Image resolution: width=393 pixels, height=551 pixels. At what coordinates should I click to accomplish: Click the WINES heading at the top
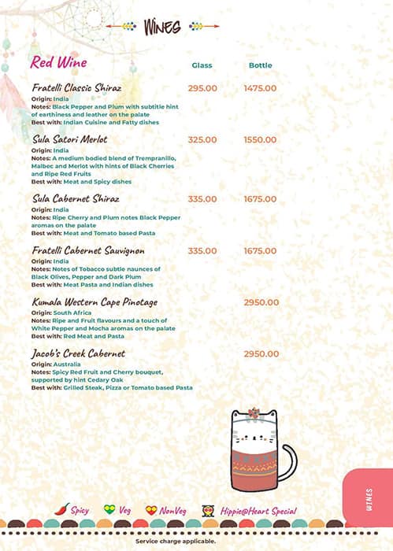pos(161,27)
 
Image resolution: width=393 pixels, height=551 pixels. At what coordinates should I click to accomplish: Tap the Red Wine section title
pos(58,62)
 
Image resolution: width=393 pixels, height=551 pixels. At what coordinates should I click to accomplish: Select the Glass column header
pos(202,65)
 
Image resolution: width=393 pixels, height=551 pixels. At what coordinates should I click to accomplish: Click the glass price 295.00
pos(202,88)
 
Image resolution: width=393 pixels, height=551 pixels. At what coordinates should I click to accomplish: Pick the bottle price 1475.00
pos(260,88)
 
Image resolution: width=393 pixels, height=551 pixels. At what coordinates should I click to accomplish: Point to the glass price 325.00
pos(202,139)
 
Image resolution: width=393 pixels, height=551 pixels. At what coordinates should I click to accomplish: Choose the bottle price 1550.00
pos(260,139)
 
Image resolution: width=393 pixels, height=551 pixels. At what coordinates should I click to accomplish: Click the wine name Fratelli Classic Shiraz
pos(76,88)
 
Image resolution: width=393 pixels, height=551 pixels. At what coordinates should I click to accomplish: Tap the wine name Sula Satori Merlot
pos(70,139)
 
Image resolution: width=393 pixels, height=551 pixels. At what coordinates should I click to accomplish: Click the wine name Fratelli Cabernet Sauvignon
pos(88,251)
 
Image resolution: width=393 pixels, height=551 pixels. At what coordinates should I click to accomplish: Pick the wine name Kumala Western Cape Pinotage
pos(95,302)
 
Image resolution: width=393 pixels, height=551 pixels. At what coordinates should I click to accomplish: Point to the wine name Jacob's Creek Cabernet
pos(79,354)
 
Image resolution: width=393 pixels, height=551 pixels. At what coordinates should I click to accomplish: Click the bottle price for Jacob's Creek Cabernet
pos(261,354)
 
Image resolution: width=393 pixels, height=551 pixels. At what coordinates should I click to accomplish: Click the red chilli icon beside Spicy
pos(62,509)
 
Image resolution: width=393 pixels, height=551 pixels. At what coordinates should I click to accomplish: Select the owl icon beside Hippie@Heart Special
pos(208,510)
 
